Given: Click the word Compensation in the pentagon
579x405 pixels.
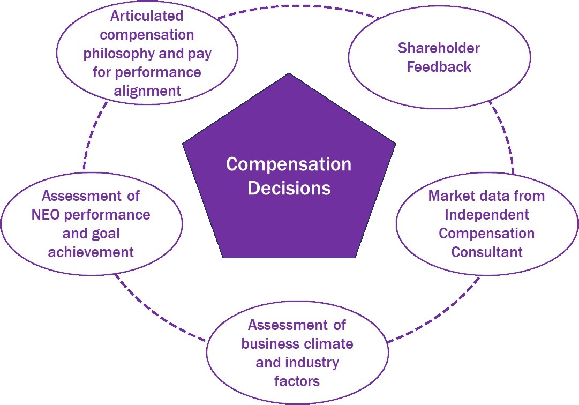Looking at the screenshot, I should (x=289, y=164).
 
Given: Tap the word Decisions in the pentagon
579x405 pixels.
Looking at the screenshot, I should (x=289, y=188).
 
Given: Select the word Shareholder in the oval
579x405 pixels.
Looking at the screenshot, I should (x=439, y=48).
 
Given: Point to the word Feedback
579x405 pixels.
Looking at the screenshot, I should (x=439, y=67).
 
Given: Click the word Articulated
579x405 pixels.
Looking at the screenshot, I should (x=147, y=16).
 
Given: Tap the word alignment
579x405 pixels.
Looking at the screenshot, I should (x=147, y=91).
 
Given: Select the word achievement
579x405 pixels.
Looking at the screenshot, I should (x=91, y=252).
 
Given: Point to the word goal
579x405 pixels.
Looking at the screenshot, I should (x=105, y=234).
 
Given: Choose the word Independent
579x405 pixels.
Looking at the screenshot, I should (x=486, y=215).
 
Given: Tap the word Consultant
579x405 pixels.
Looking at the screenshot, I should (x=486, y=252).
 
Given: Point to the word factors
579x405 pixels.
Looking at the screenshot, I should (x=297, y=381).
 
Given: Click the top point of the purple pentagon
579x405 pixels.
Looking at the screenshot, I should (x=289, y=74).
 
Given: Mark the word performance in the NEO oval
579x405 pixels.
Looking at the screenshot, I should (x=111, y=215).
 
